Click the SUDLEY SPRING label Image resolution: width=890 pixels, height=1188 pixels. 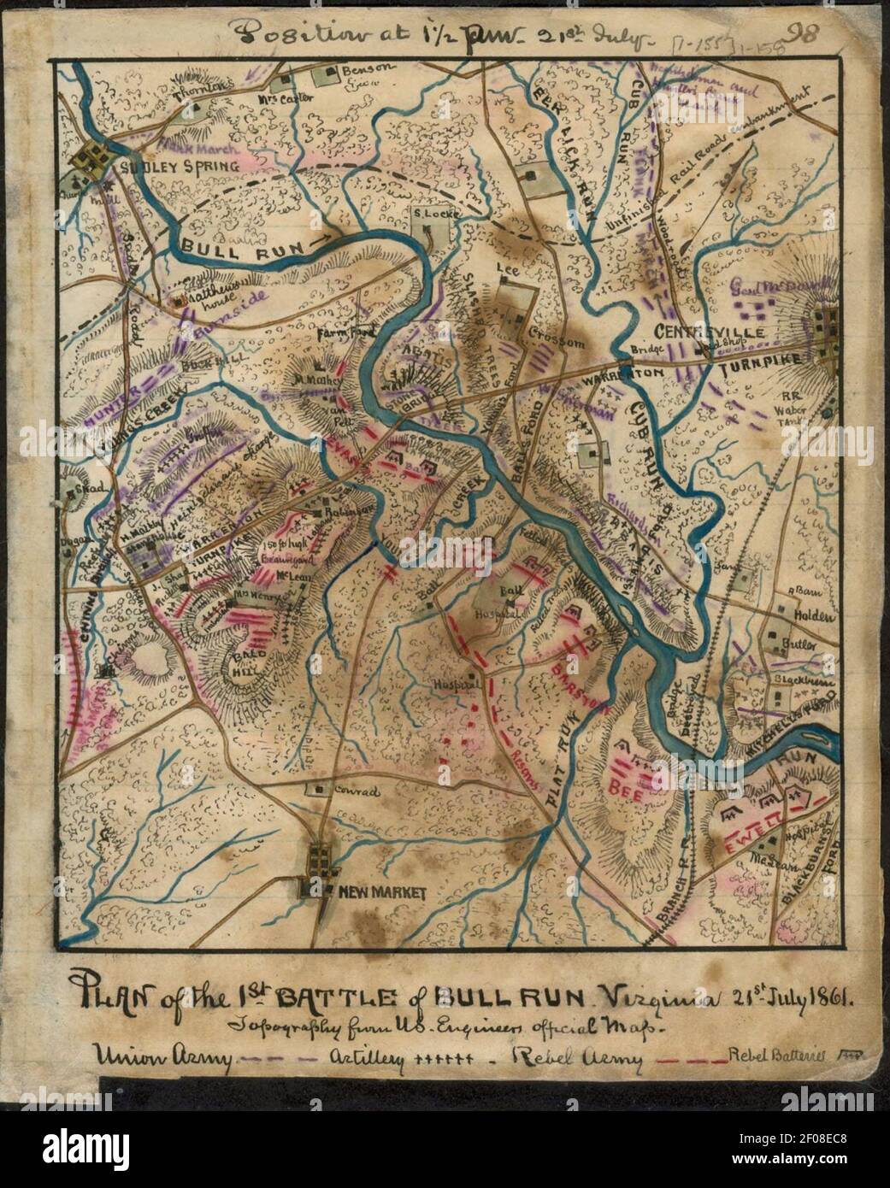[x=180, y=166]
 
